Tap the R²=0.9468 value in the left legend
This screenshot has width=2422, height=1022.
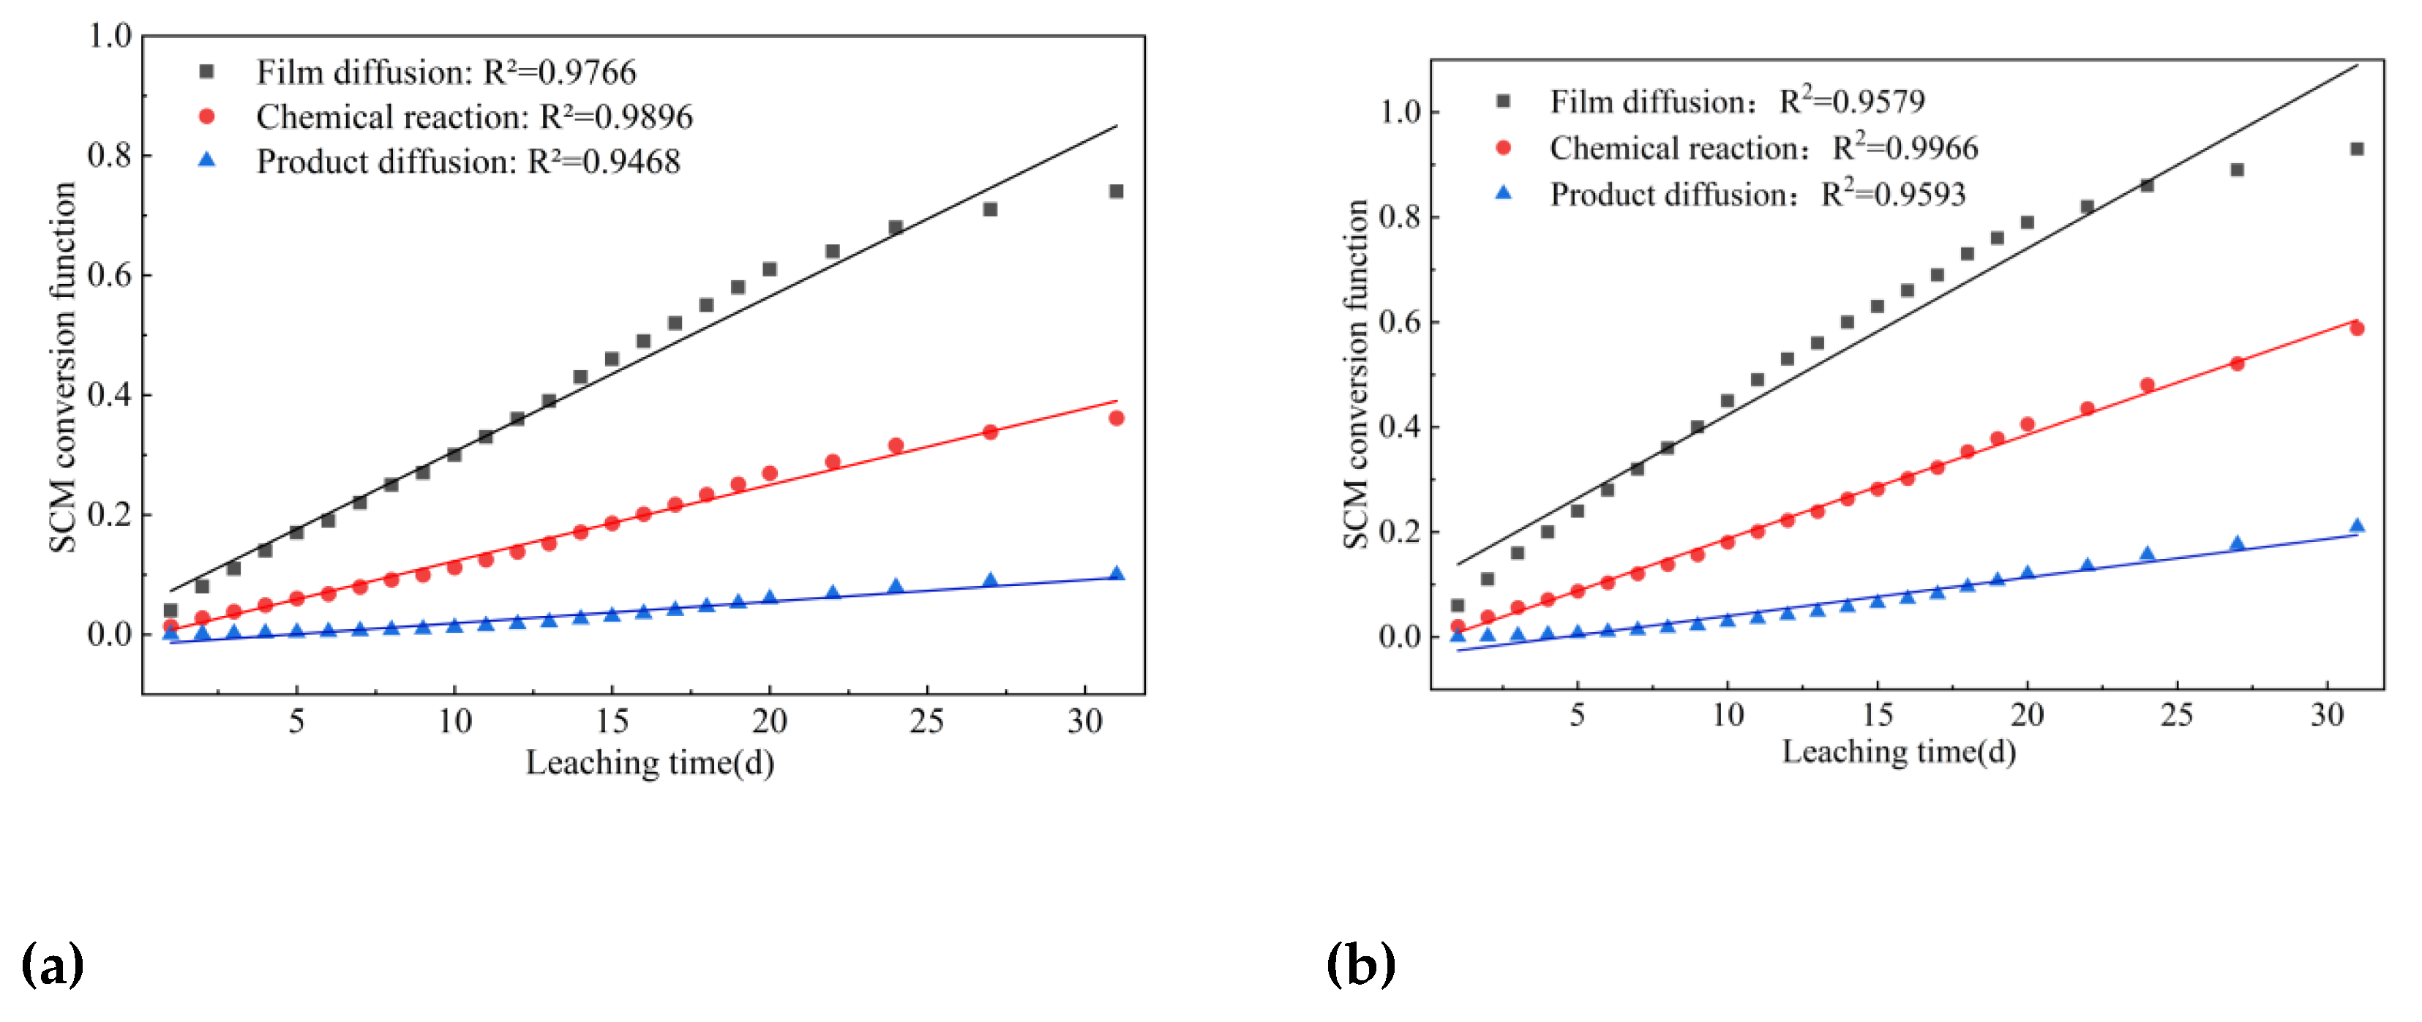604,162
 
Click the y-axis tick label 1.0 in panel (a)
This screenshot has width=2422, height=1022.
109,36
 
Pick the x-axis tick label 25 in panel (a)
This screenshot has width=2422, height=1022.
927,721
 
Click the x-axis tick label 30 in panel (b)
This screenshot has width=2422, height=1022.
2327,715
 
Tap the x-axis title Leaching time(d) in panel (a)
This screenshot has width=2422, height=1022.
650,762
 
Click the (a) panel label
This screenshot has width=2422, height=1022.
53,966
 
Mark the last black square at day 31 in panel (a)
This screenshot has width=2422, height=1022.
1116,192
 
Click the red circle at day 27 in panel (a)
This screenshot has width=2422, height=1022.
990,432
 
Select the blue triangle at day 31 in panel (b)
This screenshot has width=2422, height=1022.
2356,527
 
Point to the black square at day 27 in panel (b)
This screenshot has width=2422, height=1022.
2237,170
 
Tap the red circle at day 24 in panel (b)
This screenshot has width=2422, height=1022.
2147,386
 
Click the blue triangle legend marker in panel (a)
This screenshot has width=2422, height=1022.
207,159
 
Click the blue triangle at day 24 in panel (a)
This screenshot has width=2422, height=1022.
895,587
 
